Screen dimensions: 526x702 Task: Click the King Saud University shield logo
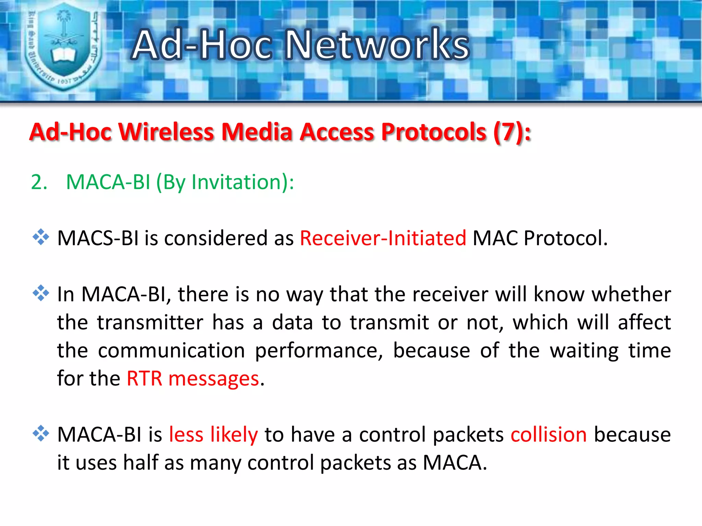(x=63, y=46)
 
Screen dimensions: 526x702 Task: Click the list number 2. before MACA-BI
(x=39, y=182)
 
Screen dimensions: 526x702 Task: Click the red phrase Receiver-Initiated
(x=383, y=238)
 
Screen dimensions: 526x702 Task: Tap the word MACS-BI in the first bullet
(x=98, y=238)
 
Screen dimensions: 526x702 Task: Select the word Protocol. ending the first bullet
(x=565, y=238)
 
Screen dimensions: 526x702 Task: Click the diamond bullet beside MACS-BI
(x=41, y=237)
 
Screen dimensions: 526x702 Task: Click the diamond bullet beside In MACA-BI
(x=41, y=293)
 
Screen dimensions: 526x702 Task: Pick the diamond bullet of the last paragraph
(x=41, y=433)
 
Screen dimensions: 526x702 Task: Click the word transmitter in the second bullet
(x=150, y=322)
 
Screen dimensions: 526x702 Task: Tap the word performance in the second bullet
(x=319, y=351)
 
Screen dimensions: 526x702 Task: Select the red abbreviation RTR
(x=144, y=379)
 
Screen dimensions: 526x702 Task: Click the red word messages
(x=214, y=379)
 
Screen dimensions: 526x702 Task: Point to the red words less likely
(x=213, y=435)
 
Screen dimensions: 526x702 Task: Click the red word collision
(x=548, y=435)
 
